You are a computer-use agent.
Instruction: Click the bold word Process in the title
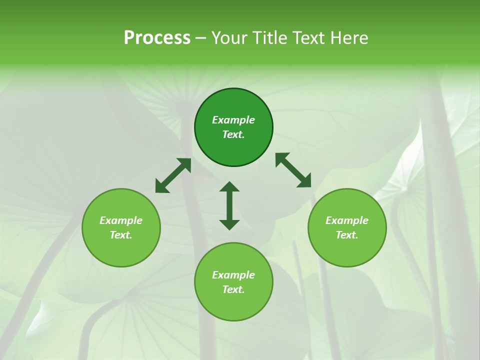pyautogui.click(x=157, y=38)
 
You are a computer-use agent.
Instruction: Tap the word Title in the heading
pyautogui.click(x=269, y=38)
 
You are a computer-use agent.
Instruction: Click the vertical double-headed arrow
pyautogui.click(x=229, y=205)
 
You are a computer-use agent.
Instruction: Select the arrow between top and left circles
pyautogui.click(x=173, y=175)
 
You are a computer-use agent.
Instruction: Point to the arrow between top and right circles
pyautogui.click(x=293, y=170)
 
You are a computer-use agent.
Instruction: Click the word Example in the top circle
pyautogui.click(x=233, y=120)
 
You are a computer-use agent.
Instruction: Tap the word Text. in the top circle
pyautogui.click(x=233, y=134)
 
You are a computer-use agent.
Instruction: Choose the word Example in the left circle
pyautogui.click(x=121, y=220)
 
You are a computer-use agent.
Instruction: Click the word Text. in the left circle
pyautogui.click(x=121, y=235)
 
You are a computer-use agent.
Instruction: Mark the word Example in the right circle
pyautogui.click(x=347, y=220)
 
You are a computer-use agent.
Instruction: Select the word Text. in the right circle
pyautogui.click(x=347, y=235)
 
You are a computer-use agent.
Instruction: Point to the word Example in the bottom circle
pyautogui.click(x=233, y=275)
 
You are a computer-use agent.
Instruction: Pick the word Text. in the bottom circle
pyautogui.click(x=233, y=289)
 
